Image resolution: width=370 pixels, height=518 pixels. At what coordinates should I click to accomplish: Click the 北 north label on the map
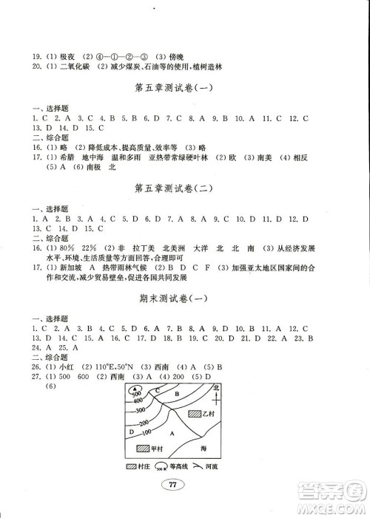(217, 387)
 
